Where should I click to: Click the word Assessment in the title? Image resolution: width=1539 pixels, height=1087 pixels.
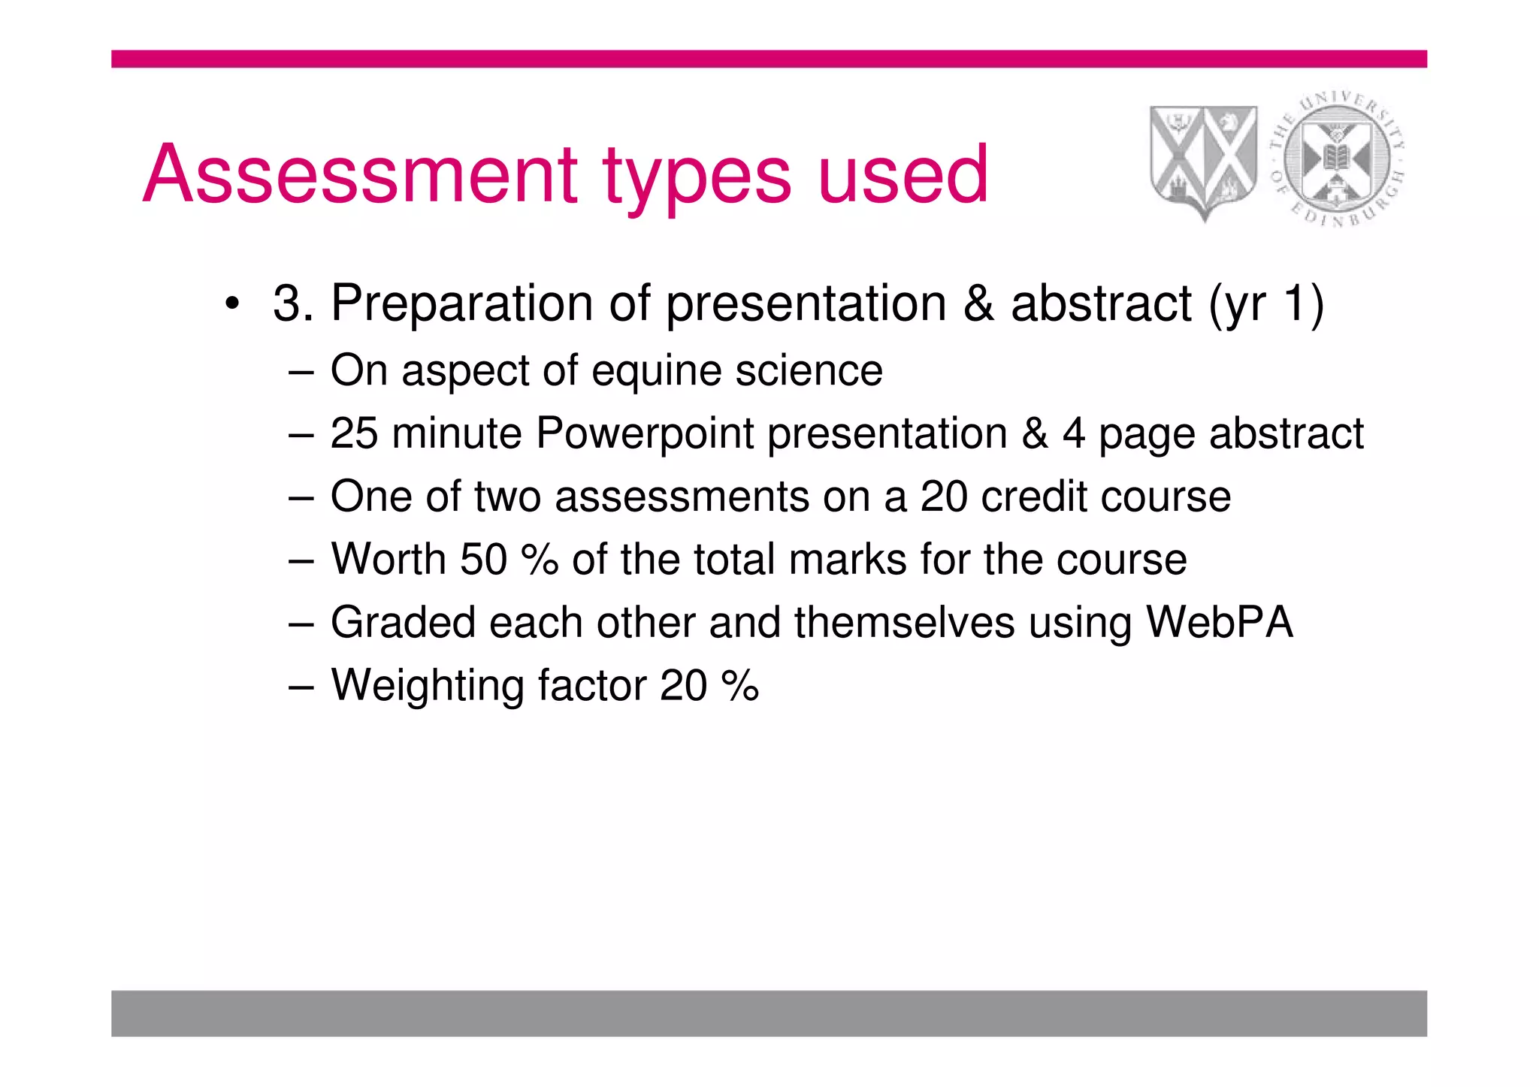(x=359, y=174)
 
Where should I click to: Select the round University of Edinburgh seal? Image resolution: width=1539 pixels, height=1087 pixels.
(x=1338, y=159)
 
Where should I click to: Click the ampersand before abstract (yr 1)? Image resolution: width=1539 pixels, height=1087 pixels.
(x=978, y=303)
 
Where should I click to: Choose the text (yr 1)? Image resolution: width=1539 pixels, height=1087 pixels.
(x=1265, y=303)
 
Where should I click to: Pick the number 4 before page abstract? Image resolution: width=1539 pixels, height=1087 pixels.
(x=1073, y=433)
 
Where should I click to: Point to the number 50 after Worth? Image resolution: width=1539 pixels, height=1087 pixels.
(x=483, y=560)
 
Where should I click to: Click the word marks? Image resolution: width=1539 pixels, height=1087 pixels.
(x=847, y=560)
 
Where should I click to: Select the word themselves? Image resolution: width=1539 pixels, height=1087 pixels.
(x=904, y=623)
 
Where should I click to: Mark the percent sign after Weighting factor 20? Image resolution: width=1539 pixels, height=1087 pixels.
(x=739, y=686)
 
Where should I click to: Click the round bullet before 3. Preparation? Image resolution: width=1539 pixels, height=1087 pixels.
(x=232, y=305)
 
